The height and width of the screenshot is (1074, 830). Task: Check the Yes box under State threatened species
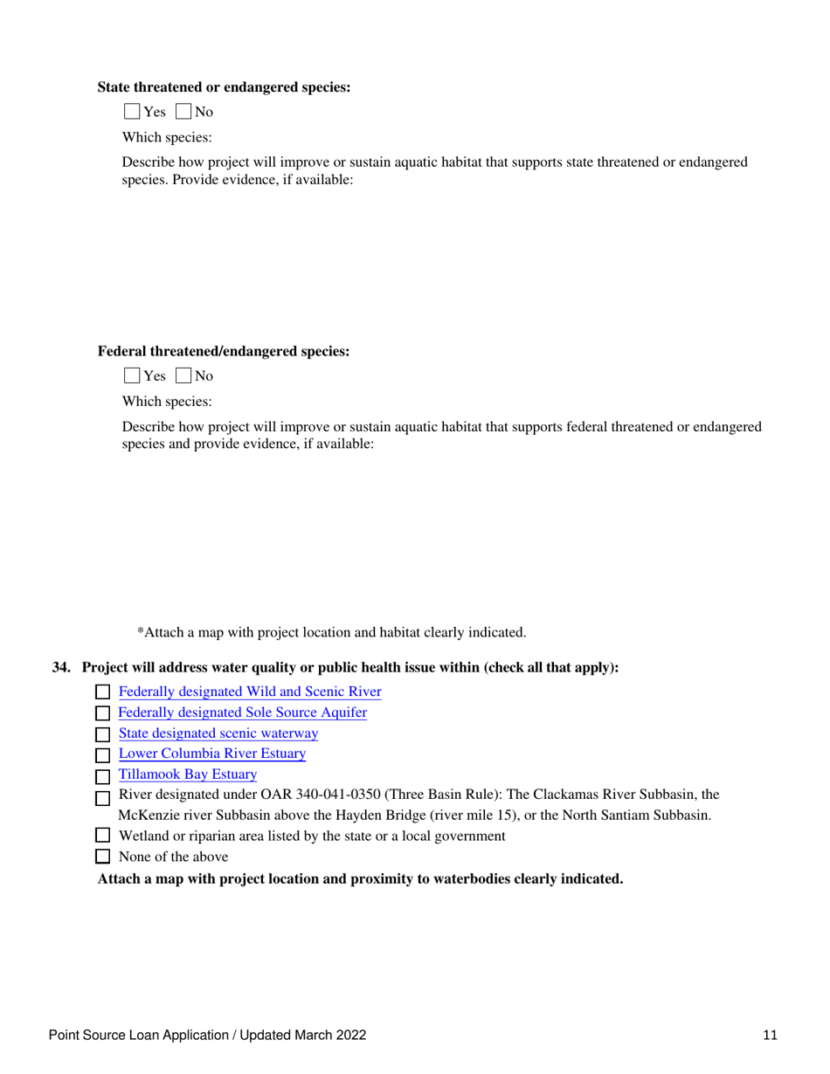coord(131,112)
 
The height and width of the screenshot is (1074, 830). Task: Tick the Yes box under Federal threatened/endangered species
coord(131,376)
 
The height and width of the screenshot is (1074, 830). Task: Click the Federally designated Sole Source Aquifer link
coord(242,713)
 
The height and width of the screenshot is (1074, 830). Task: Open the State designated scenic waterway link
coord(218,733)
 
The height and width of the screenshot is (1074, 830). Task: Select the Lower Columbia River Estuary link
coord(211,754)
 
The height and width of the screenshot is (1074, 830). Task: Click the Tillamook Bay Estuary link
coord(187,774)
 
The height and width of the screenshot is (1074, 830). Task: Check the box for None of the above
coord(102,857)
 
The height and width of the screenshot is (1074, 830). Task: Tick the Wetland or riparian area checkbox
coord(102,836)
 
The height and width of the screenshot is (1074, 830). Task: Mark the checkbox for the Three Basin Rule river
coord(102,796)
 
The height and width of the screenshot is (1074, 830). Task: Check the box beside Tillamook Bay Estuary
coord(102,775)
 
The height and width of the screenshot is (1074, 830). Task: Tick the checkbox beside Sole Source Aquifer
coord(102,713)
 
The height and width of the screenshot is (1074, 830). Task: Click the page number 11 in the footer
coord(770,1036)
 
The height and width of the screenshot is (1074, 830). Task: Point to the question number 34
coord(61,668)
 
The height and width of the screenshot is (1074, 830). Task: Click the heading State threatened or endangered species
coord(224,87)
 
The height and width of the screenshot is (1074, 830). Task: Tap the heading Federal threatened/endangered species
coord(223,352)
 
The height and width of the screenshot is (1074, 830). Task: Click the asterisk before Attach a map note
coord(141,630)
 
